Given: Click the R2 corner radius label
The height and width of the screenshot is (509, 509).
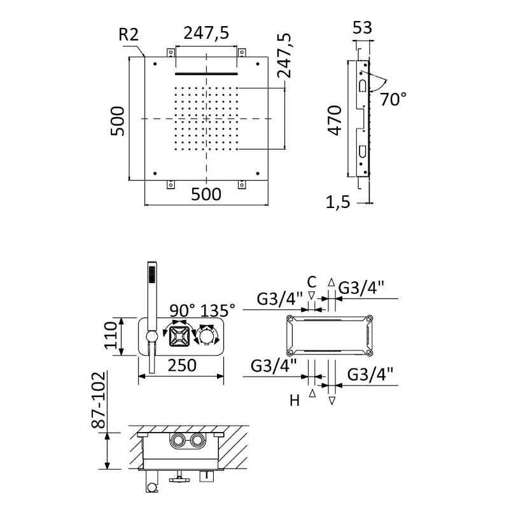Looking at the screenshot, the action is coord(129,34).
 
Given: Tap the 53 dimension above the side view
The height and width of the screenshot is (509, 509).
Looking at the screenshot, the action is coord(362,27).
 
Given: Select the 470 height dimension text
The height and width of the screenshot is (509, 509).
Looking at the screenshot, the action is coord(335,120).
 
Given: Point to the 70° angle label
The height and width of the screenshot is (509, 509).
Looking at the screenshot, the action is coord(393,99).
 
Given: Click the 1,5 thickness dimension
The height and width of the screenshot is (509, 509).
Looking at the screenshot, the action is coord(338,202).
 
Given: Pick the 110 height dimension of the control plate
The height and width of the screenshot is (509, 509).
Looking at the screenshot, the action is coord(111,335).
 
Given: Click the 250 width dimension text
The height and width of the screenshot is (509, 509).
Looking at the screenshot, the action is coord(182,365).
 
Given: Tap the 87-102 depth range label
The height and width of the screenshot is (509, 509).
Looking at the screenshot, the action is coord(99,400).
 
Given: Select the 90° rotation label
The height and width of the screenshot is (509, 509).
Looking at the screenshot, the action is coord(183,310).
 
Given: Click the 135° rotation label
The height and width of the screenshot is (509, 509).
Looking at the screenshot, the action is coord(217,310).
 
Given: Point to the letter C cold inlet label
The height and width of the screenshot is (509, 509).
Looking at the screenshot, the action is coord(311,282).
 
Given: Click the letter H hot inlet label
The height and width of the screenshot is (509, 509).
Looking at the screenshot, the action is coord(295,401).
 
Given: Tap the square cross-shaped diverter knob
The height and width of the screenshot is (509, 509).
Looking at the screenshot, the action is coord(179,337).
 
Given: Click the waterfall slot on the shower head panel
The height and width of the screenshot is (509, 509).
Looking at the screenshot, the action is coord(206,74).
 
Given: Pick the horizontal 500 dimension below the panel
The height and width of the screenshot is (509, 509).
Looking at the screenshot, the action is coord(206,194).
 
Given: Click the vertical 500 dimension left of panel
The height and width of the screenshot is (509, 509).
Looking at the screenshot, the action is coord(118,121).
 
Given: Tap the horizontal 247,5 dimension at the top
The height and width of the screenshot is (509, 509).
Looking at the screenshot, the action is coord(206,33).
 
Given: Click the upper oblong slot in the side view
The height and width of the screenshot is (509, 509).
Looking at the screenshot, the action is coord(362,86).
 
